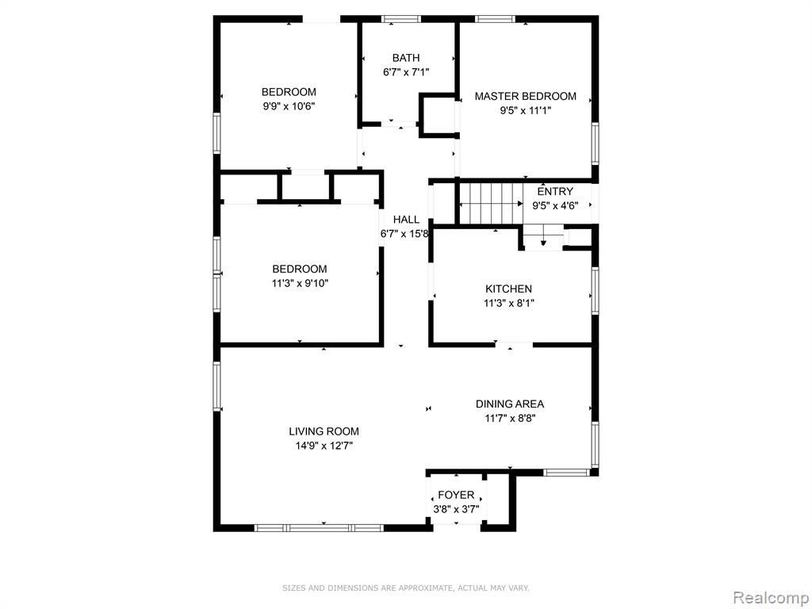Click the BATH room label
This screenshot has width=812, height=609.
click(x=406, y=58)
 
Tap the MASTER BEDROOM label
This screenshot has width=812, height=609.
click(x=526, y=96)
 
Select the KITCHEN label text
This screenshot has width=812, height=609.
click(x=508, y=289)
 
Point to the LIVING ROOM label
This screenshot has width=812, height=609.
click(x=324, y=431)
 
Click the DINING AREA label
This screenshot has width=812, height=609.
click(x=510, y=404)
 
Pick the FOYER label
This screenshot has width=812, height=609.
click(x=456, y=495)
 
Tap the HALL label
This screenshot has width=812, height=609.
click(x=406, y=220)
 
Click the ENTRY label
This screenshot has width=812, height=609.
click(x=555, y=192)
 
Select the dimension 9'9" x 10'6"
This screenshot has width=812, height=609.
click(x=289, y=107)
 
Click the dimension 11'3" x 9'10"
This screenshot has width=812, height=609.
click(x=300, y=284)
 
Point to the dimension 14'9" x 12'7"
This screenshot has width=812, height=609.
click(x=324, y=446)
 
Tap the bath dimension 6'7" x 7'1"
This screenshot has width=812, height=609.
click(x=406, y=72)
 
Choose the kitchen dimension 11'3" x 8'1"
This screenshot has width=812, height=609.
click(x=509, y=304)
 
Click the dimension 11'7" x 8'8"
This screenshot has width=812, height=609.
click(x=510, y=419)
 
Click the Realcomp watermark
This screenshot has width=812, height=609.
click(x=771, y=597)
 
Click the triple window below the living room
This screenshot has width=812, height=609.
click(x=319, y=528)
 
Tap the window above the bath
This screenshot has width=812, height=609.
click(x=401, y=19)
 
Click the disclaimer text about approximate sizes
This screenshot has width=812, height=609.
click(x=406, y=588)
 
